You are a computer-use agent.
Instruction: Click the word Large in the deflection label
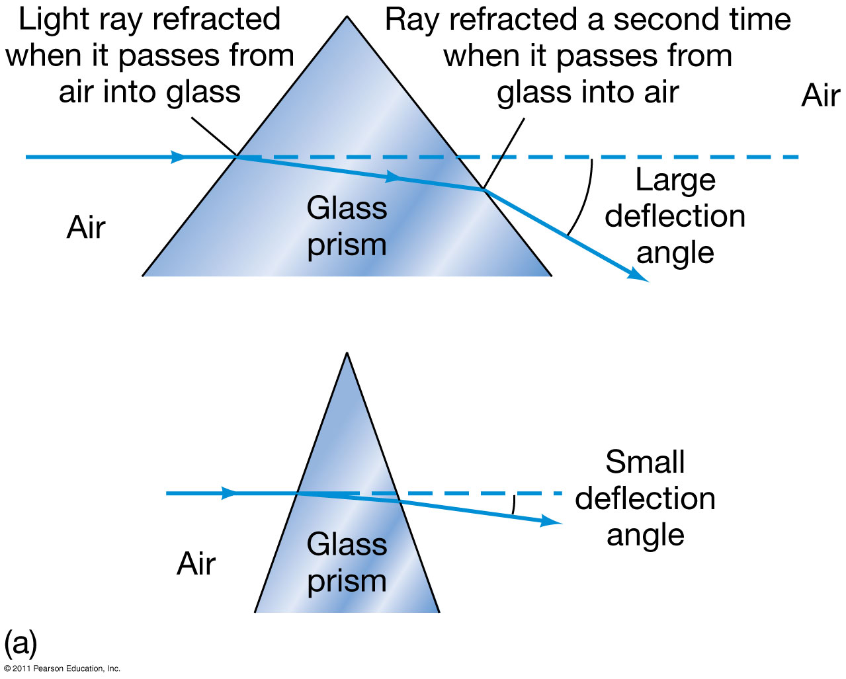coord(675,180)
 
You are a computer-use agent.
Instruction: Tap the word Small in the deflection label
coord(645,462)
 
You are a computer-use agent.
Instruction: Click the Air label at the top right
coord(820,95)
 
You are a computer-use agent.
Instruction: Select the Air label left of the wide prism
coord(86,227)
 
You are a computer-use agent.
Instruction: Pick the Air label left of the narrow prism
coord(196,564)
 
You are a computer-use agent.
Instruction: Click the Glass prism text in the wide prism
coord(347,226)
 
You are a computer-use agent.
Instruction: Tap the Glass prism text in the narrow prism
coord(347,563)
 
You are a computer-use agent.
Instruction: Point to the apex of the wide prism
coord(347,17)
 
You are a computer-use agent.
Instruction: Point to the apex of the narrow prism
coord(347,354)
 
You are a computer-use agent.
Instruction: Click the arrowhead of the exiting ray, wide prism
coord(640,276)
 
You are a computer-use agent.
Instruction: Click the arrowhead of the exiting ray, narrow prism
coord(552,522)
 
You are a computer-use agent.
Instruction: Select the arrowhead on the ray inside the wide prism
coord(393,177)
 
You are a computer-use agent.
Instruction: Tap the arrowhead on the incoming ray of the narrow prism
coord(229,493)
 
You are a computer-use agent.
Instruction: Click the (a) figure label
coord(20,642)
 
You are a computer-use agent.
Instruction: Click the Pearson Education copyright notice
coord(62,668)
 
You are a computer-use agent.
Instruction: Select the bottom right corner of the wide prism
coord(550,275)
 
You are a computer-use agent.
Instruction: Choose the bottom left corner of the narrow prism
coord(256,612)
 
